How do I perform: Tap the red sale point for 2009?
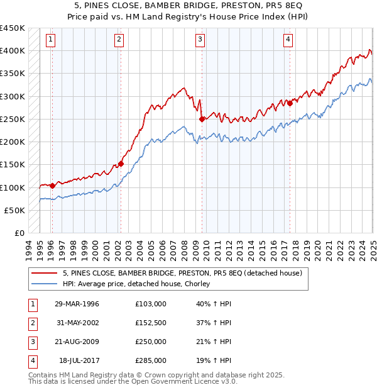[x=202, y=119]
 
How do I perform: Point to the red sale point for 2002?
[x=121, y=164]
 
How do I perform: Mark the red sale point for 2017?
[x=290, y=104]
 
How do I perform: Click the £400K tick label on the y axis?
[x=12, y=51]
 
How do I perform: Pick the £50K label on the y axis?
[x=15, y=211]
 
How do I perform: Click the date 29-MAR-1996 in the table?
[x=77, y=304]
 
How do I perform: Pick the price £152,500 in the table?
[x=151, y=323]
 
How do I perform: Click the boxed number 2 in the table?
[x=32, y=323]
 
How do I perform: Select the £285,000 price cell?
[x=151, y=360]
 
